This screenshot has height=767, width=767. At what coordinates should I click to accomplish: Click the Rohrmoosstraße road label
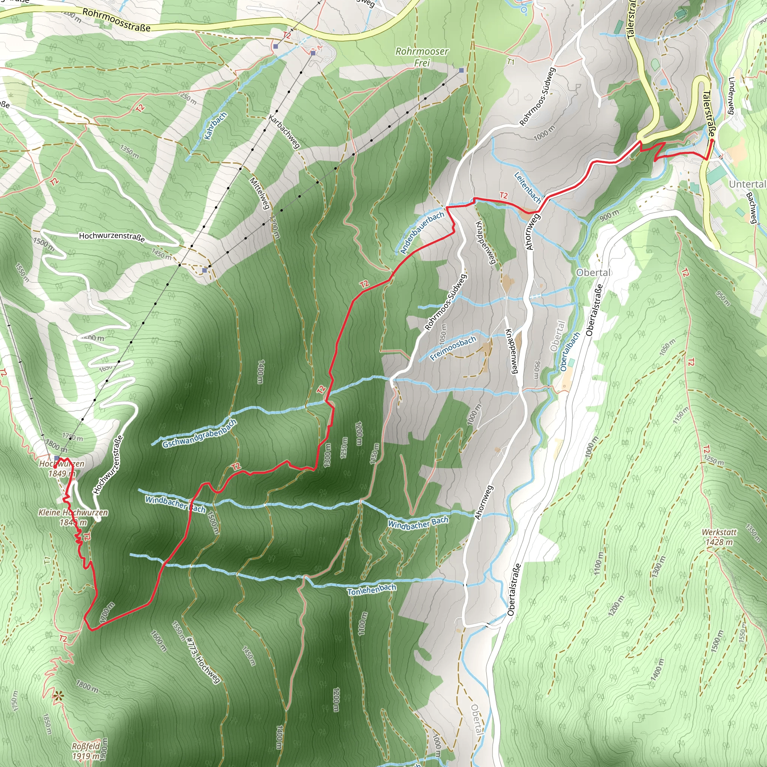point(116,20)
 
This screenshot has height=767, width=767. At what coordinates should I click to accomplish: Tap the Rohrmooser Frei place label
point(422,57)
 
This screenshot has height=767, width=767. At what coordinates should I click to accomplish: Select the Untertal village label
point(747,184)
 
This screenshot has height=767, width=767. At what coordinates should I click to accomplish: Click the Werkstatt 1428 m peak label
point(719,537)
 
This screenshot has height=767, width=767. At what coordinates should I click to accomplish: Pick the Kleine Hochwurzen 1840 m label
point(73,517)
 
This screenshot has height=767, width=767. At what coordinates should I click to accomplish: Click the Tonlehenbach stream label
point(372,589)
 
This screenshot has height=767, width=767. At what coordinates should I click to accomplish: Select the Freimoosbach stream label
point(453,348)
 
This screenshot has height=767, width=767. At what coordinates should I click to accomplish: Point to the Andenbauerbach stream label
point(422,233)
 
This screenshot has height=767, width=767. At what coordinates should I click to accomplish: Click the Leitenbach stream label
point(528,187)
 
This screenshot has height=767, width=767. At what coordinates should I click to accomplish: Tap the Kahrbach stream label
point(216,126)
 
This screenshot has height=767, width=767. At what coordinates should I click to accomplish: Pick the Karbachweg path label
point(284,131)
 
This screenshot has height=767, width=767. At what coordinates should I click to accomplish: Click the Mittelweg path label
point(260,193)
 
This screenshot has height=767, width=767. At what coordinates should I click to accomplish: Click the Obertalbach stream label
point(570,352)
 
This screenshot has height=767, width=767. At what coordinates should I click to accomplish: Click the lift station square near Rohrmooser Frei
point(461,70)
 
